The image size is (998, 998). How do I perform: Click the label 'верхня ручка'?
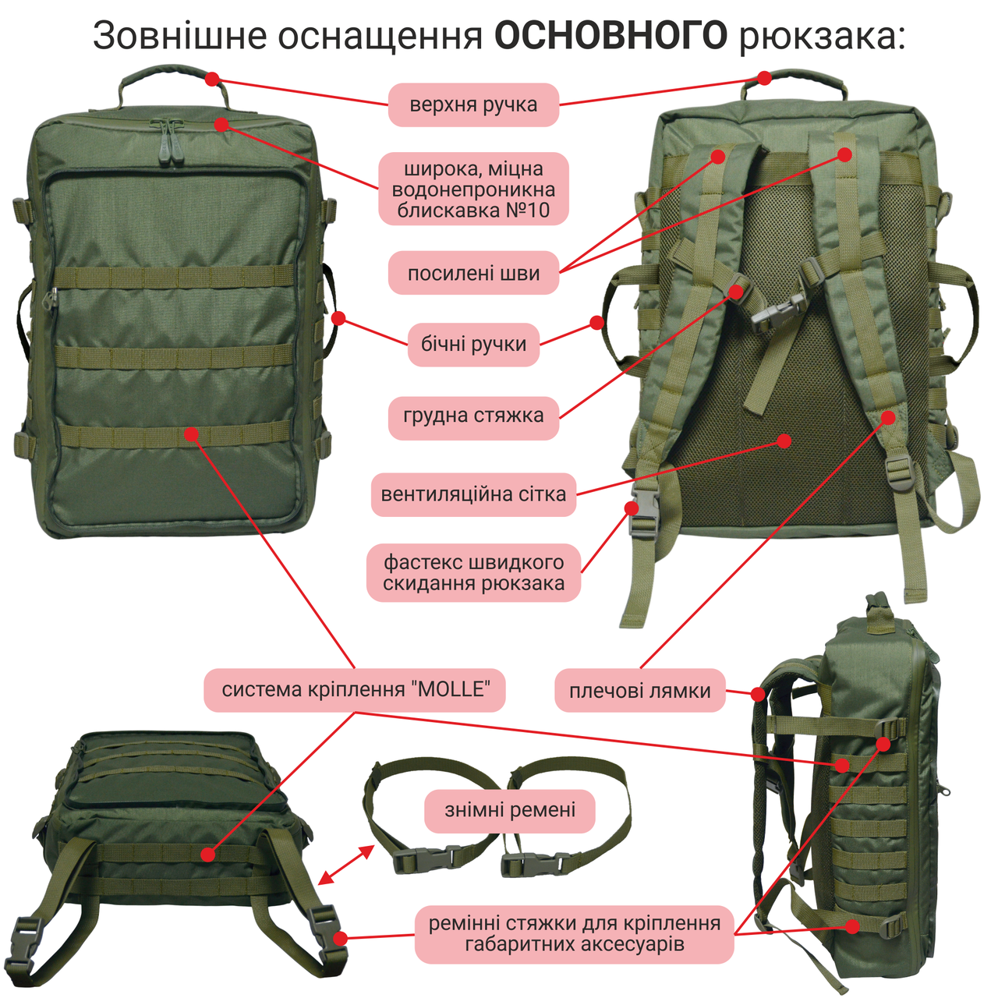coord(473,104)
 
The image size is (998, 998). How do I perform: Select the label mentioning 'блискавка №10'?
coord(473,189)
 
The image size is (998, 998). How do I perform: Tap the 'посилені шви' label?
coord(473,273)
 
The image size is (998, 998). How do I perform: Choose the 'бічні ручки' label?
coord(473,344)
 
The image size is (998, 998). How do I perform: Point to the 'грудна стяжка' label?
coord(473,416)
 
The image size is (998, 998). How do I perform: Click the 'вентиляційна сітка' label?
coord(473,494)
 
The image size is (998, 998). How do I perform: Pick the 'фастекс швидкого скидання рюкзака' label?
coord(473,573)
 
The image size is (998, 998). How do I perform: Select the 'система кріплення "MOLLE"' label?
coord(355,690)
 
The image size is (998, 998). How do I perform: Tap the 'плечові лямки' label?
coord(639,691)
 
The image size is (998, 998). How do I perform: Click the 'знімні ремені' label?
coord(510,811)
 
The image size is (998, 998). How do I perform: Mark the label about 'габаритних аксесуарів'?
coord(575,934)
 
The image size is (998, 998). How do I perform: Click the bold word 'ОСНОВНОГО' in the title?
coord(610,36)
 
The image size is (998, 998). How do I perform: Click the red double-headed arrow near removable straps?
coord(346,865)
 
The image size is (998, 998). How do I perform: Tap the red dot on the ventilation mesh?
coord(784,441)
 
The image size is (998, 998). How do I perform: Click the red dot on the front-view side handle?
coord(338,318)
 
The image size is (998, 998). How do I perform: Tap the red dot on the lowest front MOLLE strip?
coord(192,434)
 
